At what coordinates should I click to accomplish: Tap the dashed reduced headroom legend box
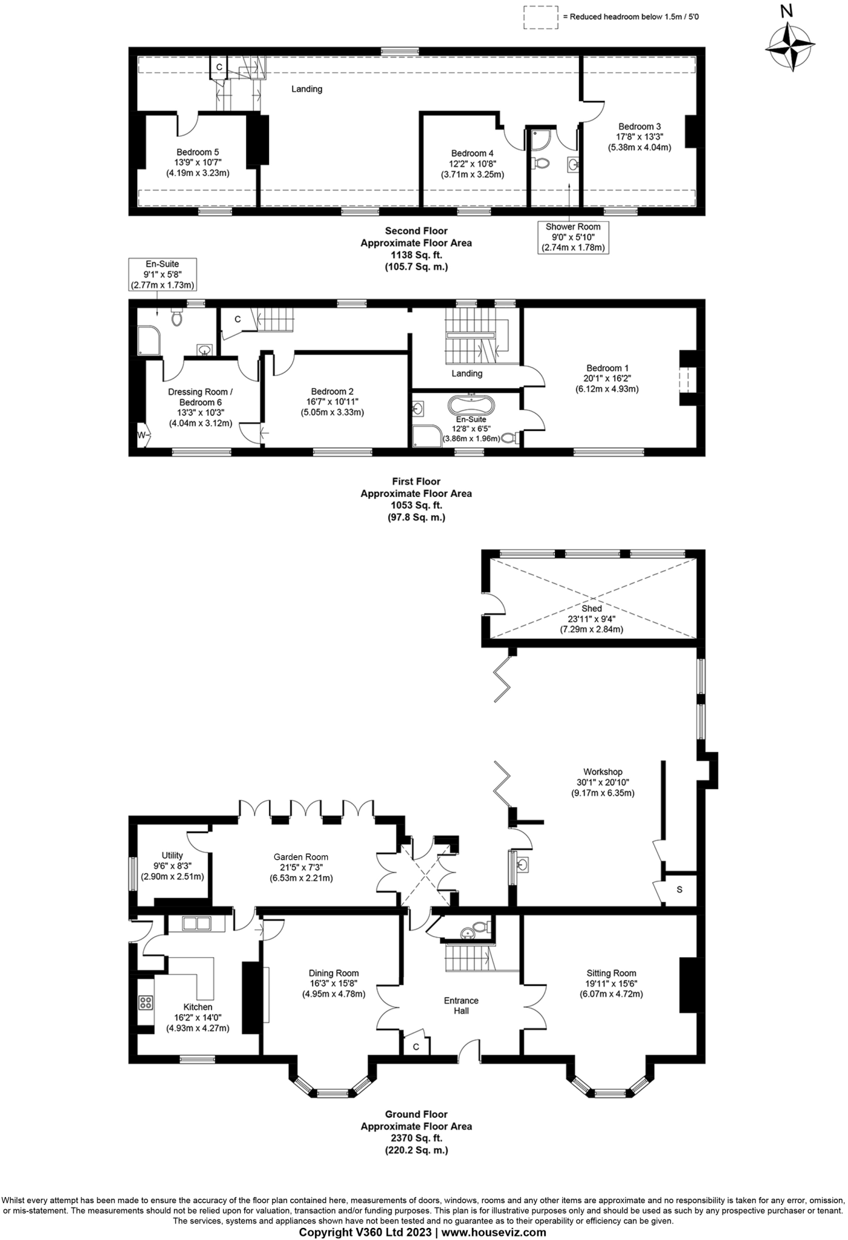[x=540, y=17]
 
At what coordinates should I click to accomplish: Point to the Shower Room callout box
[x=572, y=237]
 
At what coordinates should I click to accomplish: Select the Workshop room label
[x=603, y=771]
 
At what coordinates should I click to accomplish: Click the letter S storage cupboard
[x=680, y=889]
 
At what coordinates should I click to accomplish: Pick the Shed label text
[x=592, y=608]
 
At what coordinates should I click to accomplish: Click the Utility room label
[x=173, y=855]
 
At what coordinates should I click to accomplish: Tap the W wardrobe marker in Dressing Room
[x=142, y=435]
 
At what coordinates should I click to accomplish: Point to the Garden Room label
[x=301, y=857]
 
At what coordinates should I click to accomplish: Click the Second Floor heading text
[x=417, y=231]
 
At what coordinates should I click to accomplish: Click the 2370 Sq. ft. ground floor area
[x=417, y=1138]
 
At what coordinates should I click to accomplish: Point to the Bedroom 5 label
[x=198, y=152]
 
